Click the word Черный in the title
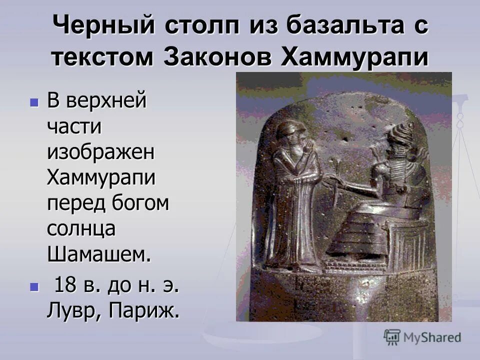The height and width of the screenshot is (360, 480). tap(100, 26)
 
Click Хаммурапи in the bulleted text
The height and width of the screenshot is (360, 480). tap(101, 177)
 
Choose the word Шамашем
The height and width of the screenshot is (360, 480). tap(98, 254)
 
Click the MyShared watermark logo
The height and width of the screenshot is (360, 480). tap(422, 337)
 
